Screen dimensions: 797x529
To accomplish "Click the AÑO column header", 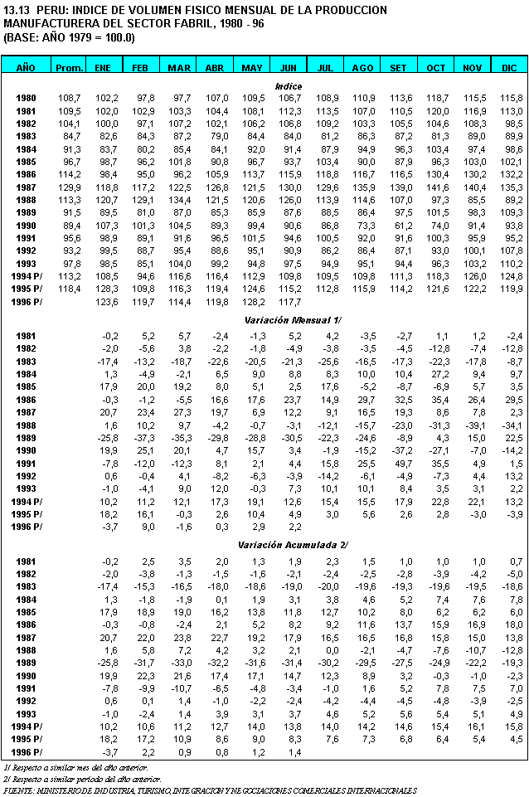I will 26,66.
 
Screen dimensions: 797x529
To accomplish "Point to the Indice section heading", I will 289,85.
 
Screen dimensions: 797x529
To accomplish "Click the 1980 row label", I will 26,98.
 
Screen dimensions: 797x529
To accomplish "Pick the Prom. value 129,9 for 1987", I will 69,187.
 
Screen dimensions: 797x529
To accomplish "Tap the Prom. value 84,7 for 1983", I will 70,136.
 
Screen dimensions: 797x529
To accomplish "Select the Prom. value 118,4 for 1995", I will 69,289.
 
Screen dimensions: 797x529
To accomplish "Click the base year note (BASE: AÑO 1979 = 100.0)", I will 70,38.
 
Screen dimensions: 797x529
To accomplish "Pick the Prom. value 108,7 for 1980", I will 69,98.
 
